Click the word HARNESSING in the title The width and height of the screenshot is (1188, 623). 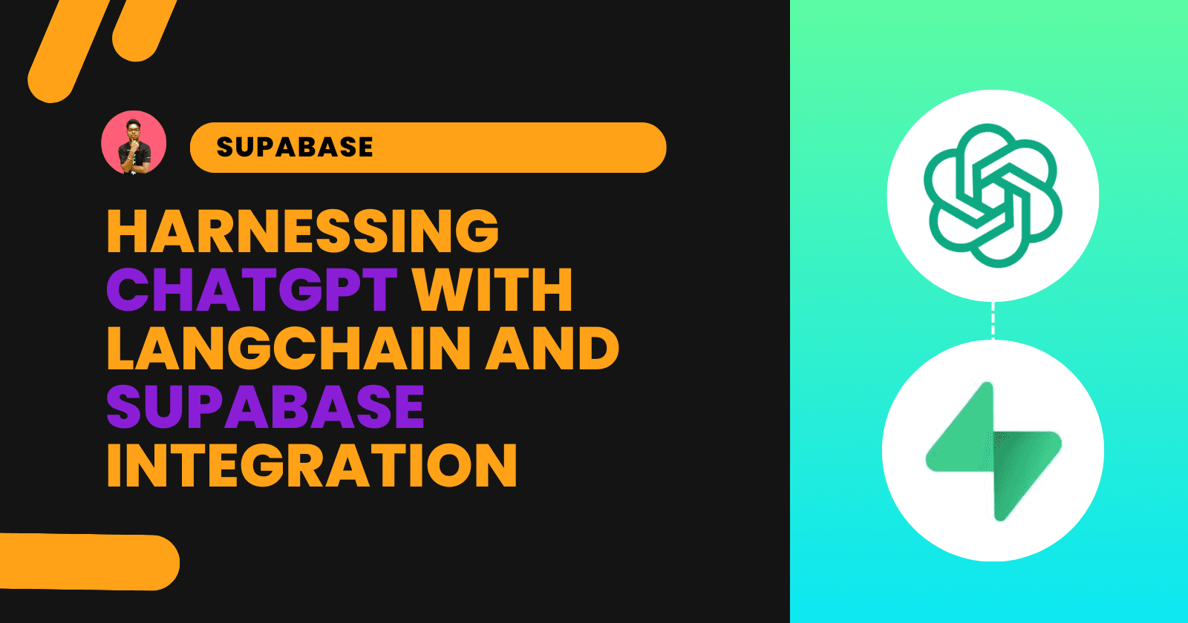click(x=303, y=231)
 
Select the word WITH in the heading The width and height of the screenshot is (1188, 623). click(x=492, y=290)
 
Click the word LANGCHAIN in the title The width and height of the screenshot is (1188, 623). click(x=290, y=349)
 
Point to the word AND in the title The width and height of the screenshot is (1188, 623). click(x=552, y=349)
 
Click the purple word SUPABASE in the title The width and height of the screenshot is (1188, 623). click(x=265, y=407)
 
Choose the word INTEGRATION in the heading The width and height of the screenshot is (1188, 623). click(x=312, y=466)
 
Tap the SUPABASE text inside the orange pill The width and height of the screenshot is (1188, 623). click(x=295, y=148)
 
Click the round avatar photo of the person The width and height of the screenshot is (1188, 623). click(x=134, y=143)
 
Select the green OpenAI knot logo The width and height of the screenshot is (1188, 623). click(x=993, y=195)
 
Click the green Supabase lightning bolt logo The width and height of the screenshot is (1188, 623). click(x=993, y=451)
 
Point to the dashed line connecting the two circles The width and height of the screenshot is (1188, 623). click(x=993, y=320)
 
